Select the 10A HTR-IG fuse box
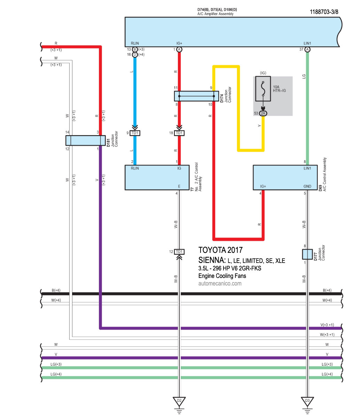click(263, 88)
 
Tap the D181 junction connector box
click(86, 140)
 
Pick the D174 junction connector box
click(196, 96)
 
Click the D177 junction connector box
click(307, 254)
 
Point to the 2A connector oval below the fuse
click(263, 113)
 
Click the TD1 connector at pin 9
click(135, 133)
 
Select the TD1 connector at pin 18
click(179, 133)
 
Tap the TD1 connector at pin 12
click(179, 251)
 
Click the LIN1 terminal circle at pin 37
click(307, 49)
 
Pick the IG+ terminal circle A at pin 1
click(179, 49)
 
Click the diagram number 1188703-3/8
click(324, 12)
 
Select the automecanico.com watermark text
click(220, 283)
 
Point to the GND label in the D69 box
click(307, 186)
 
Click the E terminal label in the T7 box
click(179, 186)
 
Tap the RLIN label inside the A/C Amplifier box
click(135, 43)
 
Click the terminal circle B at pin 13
click(135, 49)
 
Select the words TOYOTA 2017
click(220, 250)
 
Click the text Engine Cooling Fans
click(222, 276)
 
